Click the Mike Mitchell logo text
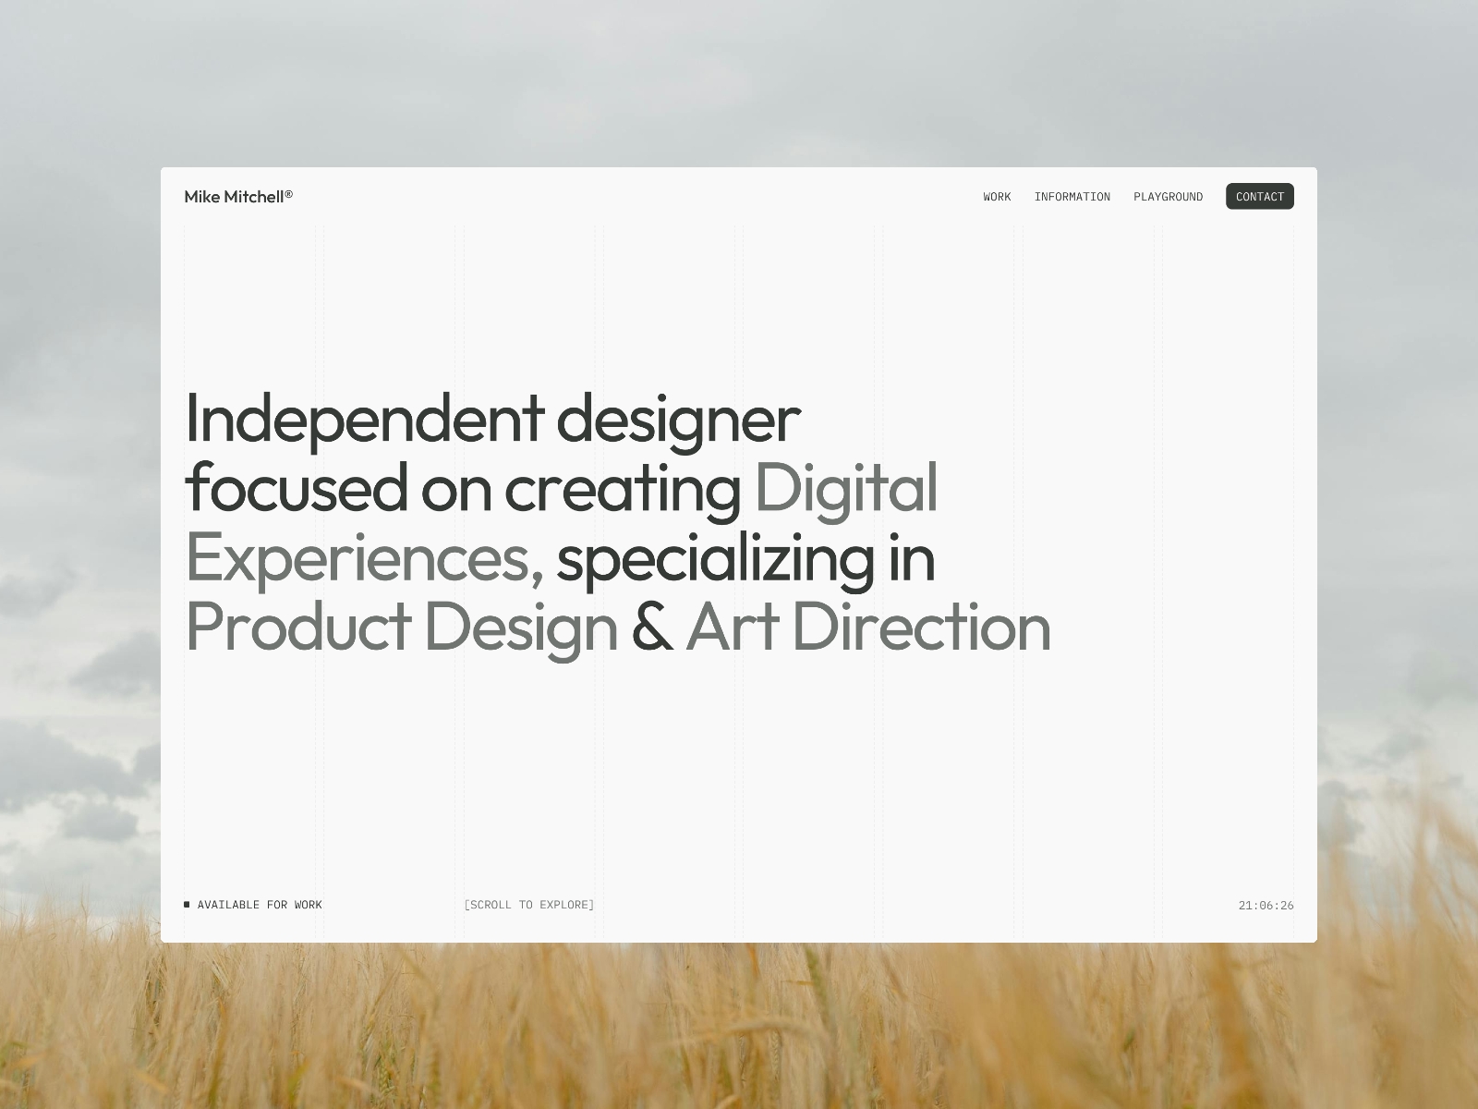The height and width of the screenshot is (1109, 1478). (238, 197)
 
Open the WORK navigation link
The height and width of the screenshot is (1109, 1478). (997, 197)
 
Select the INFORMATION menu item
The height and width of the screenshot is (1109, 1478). (1072, 197)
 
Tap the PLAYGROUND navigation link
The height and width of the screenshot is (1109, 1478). (1168, 197)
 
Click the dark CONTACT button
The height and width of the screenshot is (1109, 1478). (1259, 196)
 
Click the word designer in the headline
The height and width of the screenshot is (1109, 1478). (678, 420)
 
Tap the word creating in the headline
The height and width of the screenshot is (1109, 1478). (623, 490)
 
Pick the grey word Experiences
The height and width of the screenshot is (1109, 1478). (364, 559)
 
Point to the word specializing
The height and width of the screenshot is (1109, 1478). (715, 559)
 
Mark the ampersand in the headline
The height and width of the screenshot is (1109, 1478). (652, 627)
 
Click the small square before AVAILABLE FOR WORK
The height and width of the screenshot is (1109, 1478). (188, 905)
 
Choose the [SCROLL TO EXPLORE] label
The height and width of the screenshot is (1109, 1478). (529, 905)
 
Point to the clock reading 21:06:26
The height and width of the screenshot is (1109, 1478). (1266, 906)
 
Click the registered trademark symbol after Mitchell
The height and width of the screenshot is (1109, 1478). (289, 194)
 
